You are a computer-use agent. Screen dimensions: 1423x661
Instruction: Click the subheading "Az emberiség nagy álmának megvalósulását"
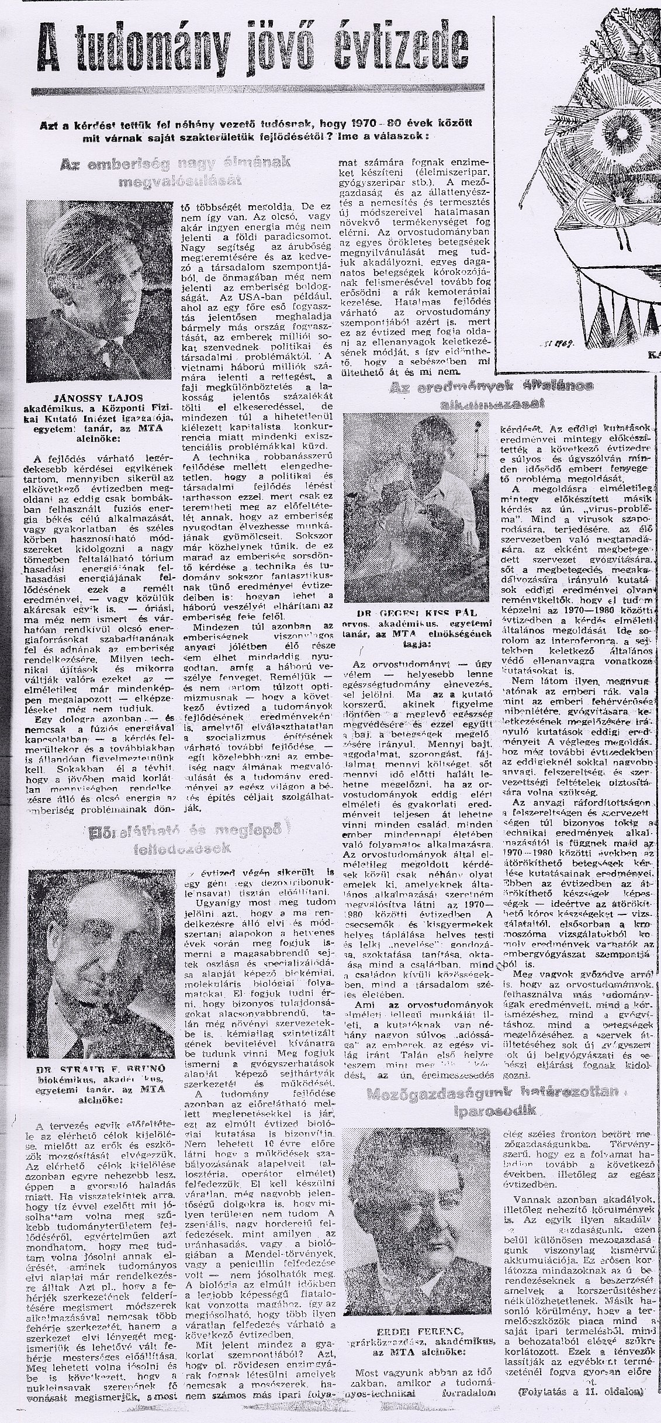pyautogui.click(x=176, y=172)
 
